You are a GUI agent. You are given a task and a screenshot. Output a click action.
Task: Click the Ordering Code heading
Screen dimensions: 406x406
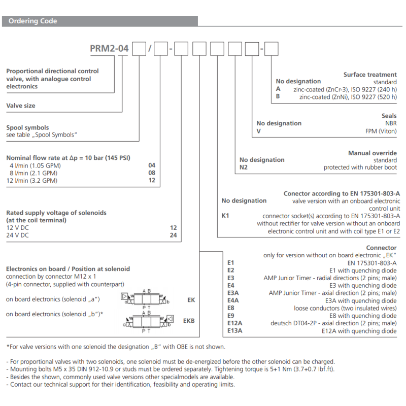click(x=32, y=21)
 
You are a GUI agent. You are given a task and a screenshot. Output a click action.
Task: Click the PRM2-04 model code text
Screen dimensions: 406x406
click(x=109, y=49)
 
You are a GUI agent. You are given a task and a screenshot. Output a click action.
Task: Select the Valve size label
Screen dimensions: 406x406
click(x=21, y=106)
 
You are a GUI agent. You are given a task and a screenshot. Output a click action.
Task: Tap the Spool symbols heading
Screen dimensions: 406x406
click(x=27, y=127)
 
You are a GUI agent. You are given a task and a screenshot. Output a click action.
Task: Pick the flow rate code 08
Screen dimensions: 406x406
click(x=152, y=173)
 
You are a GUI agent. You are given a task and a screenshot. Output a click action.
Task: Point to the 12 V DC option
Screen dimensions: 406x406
click(x=18, y=228)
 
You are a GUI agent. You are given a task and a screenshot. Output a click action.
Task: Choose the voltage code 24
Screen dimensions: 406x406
click(x=173, y=235)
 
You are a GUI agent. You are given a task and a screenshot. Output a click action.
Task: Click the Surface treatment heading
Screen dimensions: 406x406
click(x=370, y=75)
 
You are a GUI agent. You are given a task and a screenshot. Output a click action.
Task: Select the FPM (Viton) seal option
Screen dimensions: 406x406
click(x=381, y=131)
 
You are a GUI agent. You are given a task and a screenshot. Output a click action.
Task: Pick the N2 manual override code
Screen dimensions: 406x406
click(x=244, y=167)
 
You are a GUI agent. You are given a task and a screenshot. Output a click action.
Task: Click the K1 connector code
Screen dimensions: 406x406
click(x=226, y=216)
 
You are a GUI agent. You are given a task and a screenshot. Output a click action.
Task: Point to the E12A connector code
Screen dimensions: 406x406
click(x=234, y=323)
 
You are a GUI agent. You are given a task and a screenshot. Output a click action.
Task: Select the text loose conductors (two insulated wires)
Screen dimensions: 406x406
click(x=345, y=308)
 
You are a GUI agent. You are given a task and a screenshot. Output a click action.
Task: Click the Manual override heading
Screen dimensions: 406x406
click(x=373, y=153)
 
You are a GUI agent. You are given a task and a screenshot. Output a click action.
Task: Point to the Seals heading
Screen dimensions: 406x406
click(x=389, y=116)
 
